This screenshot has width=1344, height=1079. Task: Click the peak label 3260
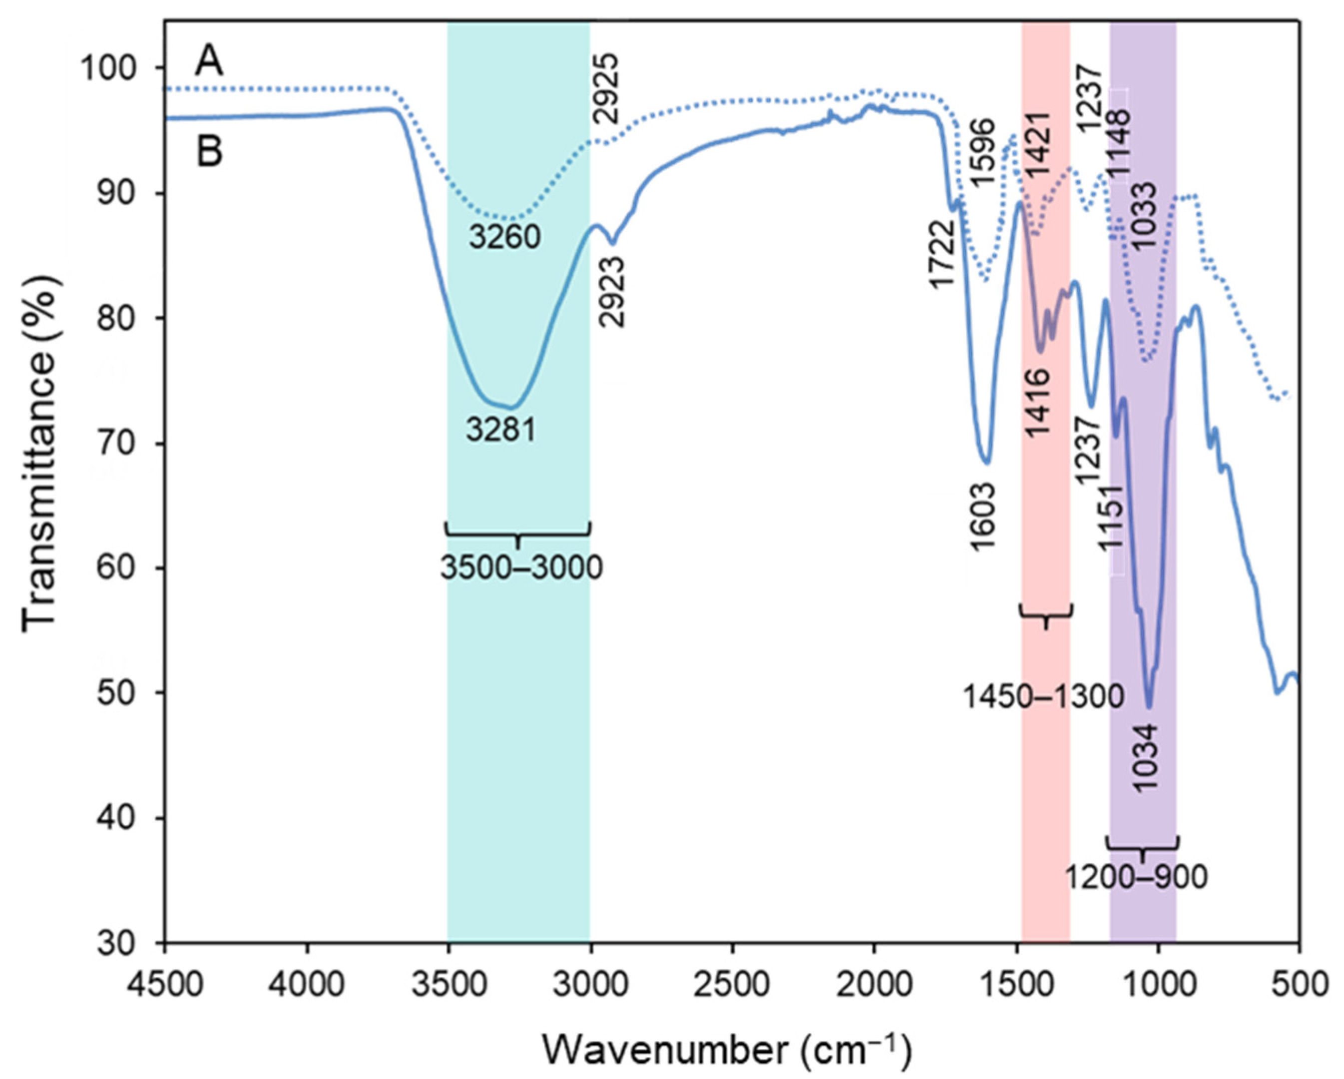pyautogui.click(x=504, y=237)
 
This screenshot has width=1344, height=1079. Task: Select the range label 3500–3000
pyautogui.click(x=521, y=567)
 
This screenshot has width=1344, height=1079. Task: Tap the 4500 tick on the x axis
pyautogui.click(x=165, y=985)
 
